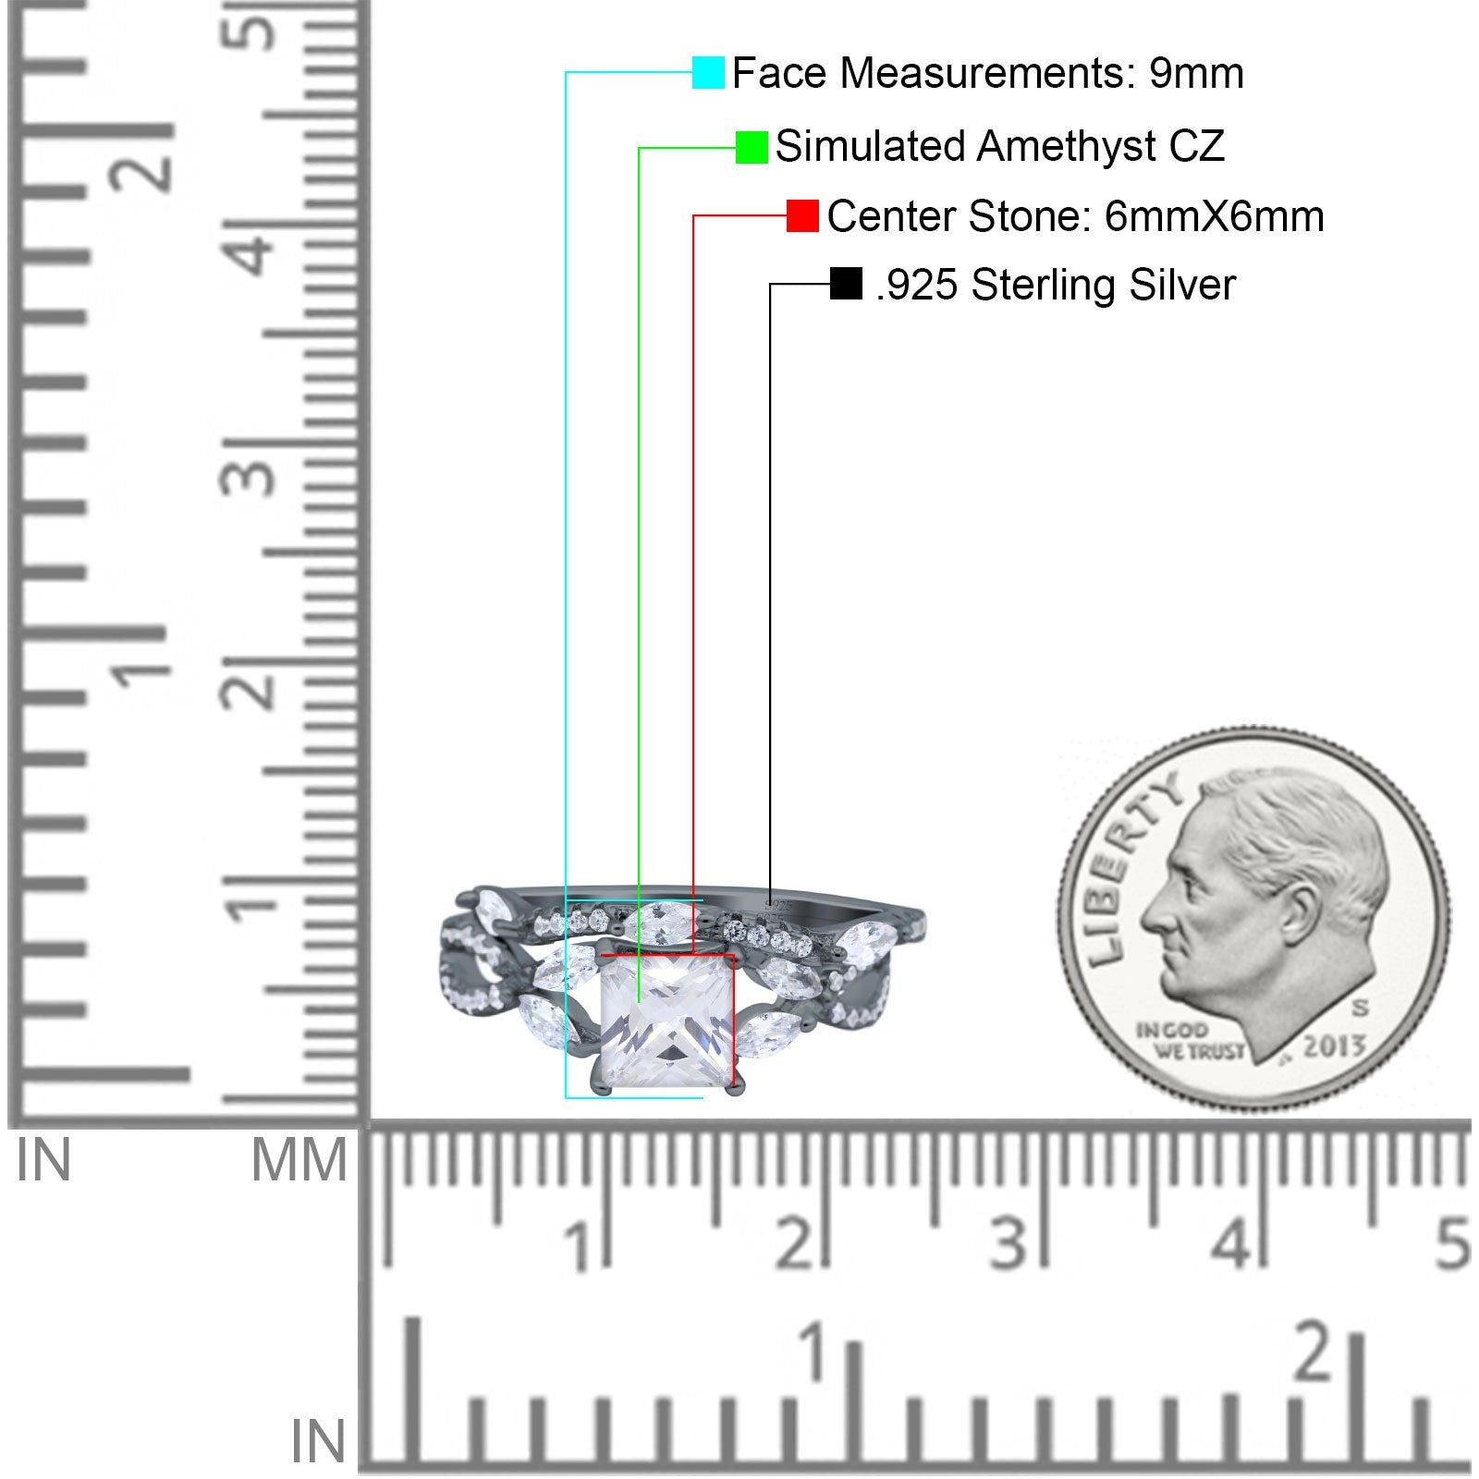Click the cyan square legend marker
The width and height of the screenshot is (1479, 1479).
click(x=708, y=72)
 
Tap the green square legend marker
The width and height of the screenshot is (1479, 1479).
click(x=752, y=147)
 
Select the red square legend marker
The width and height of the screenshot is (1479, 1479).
click(x=802, y=216)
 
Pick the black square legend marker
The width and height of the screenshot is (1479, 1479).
click(x=846, y=284)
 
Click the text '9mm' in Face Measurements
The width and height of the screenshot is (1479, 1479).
click(x=1197, y=73)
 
